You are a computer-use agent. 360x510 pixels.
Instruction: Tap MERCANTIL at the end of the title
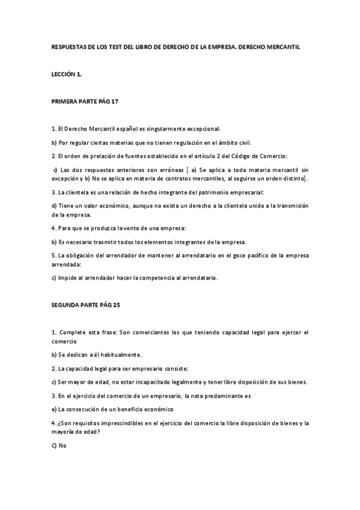click(x=290, y=46)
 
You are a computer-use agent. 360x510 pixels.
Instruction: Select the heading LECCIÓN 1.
click(x=66, y=73)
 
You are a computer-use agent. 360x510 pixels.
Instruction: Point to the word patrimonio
click(x=187, y=192)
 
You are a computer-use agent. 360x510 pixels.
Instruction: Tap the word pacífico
click(x=249, y=256)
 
